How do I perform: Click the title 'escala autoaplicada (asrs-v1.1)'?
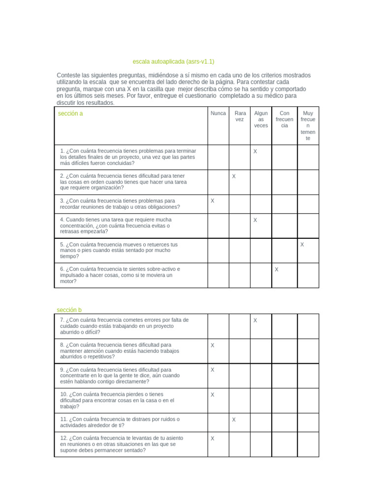point(173,62)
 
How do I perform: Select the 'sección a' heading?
point(70,114)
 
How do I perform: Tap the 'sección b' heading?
point(69,310)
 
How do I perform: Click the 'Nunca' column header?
point(218,113)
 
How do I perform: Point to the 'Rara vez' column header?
point(240,116)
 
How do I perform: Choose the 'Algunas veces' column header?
point(261,119)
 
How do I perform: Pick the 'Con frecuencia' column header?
point(284,119)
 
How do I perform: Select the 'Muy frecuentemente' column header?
point(308,126)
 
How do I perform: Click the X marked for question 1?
point(255,152)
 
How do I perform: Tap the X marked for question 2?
point(234,176)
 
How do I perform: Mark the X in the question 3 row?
point(213,201)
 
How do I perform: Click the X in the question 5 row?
point(302,245)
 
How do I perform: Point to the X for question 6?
point(277,269)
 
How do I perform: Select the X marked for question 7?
point(255,320)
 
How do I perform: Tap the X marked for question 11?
point(234,420)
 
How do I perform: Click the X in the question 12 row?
point(213,438)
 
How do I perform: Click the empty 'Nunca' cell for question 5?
point(218,251)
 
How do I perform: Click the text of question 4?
point(116,225)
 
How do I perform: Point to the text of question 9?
point(120,376)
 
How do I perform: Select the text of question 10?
point(117,400)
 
